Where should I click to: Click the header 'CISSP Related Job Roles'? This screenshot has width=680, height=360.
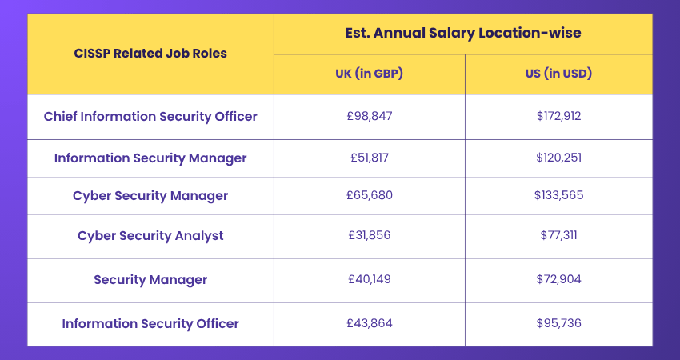coord(150,54)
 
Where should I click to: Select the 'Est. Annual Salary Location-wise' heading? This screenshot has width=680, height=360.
coord(462,34)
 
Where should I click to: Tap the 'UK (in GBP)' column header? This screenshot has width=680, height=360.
coord(369,74)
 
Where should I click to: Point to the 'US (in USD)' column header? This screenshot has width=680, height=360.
coord(558,74)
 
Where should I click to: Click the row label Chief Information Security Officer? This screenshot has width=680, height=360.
coord(150,116)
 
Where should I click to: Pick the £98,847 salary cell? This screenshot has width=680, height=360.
coord(370,116)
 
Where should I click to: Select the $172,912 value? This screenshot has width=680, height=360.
coord(558,116)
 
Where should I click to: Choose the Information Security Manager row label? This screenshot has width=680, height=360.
coord(150,158)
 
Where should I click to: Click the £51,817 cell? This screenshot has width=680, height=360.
coord(370,158)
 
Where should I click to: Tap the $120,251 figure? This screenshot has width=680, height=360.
coord(558,158)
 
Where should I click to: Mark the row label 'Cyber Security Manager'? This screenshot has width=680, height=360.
coord(150,196)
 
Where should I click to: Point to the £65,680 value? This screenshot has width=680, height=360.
coord(370,196)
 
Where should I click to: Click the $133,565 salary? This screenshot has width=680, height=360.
coord(558,196)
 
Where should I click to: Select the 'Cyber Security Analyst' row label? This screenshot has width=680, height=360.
coord(150,236)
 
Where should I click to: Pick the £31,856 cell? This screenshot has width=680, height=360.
coord(370,236)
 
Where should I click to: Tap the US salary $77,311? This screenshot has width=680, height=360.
coord(558,236)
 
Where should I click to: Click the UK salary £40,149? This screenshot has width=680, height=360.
coord(370,279)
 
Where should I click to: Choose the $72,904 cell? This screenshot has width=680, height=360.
coord(558,279)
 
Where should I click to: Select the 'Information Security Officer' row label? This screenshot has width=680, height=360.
coord(150,323)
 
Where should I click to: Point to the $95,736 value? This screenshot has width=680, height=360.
coord(558,323)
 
